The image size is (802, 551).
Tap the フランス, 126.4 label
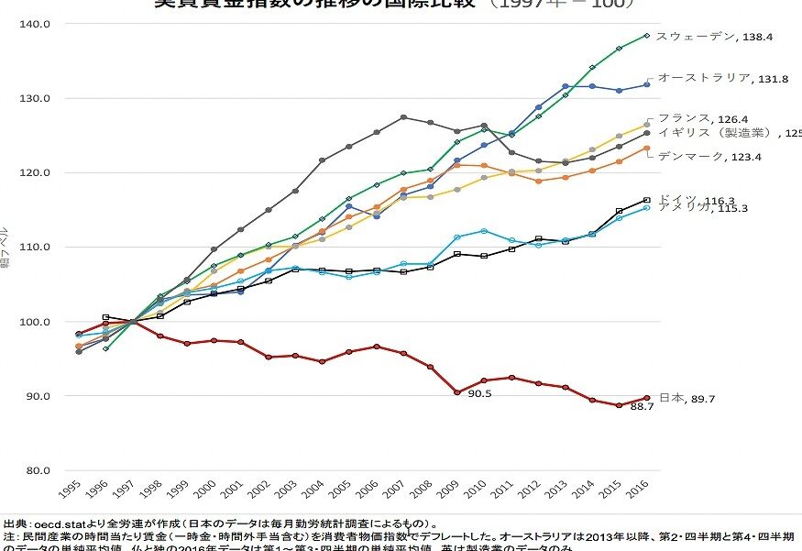pos(706,118)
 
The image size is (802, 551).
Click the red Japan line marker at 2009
pos(456,392)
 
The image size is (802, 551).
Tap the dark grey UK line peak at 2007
pos(403,117)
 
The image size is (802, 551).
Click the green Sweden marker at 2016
pos(646,36)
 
